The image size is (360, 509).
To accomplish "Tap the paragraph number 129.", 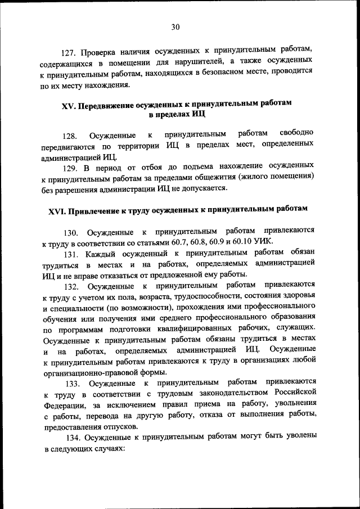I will [69, 167].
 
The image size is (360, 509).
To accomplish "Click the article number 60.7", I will [197, 242].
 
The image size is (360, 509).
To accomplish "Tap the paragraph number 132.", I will [69, 285].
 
